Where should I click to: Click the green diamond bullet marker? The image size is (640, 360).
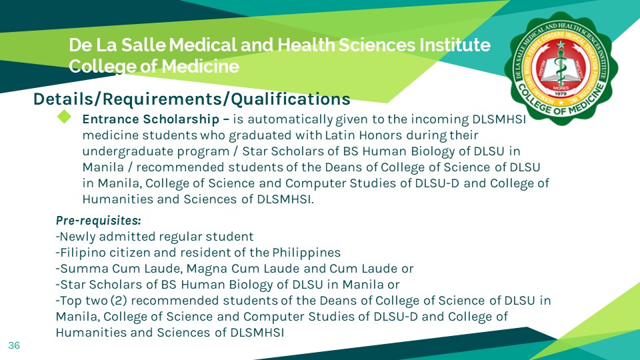(x=64, y=117)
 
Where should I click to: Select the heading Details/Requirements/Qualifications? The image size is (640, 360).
(x=192, y=99)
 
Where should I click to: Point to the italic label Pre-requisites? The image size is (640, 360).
(x=98, y=220)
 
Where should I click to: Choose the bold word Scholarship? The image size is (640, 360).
(x=181, y=120)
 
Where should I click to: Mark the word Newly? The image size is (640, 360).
(x=77, y=237)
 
